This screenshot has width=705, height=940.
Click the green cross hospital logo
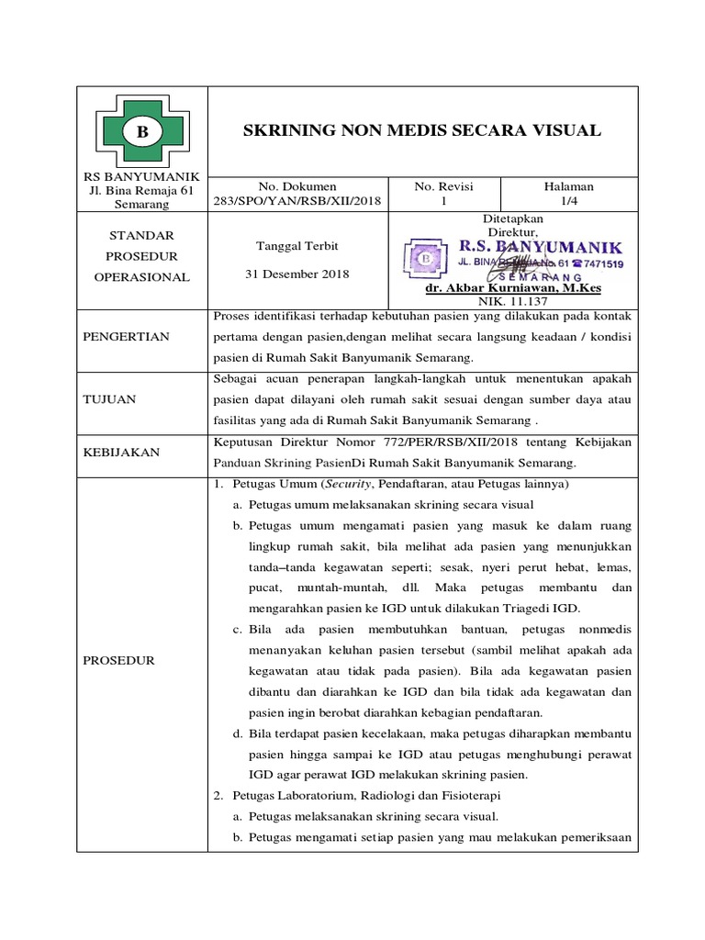[142, 132]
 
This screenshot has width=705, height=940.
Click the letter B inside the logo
[142, 133]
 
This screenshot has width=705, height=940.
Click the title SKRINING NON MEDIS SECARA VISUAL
[421, 130]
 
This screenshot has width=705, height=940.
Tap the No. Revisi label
[443, 186]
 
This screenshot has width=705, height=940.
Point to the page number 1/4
[569, 201]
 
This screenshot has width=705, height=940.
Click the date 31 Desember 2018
[297, 274]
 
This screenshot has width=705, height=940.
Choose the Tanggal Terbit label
[297, 246]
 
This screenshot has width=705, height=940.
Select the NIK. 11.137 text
[511, 301]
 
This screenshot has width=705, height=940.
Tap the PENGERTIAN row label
[128, 337]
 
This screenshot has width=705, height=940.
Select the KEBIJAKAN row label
[119, 453]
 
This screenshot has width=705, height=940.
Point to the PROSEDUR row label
[118, 660]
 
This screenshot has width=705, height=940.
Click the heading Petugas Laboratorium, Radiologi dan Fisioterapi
[364, 794]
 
